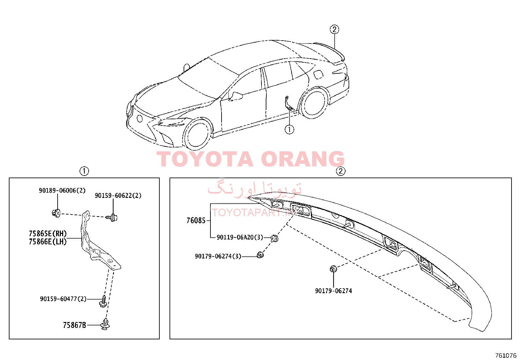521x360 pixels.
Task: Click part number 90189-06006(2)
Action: tap(62, 191)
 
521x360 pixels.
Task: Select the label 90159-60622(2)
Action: tap(118, 196)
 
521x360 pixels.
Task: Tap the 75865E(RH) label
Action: tap(48, 233)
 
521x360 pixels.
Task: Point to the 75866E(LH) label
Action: tap(48, 242)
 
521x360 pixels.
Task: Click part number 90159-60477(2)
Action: tap(63, 299)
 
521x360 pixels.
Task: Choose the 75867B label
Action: tap(74, 325)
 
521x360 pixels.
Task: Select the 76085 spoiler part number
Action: tap(196, 220)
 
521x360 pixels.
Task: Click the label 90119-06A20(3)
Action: tap(240, 237)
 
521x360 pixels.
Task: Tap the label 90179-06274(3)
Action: tap(218, 256)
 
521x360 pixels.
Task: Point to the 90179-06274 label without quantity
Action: tap(333, 291)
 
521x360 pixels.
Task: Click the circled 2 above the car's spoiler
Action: tap(334, 29)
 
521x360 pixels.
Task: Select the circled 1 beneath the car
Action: tap(289, 129)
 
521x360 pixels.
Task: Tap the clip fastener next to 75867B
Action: tap(105, 324)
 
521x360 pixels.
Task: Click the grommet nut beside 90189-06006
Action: tap(56, 213)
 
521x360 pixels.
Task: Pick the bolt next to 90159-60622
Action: tap(112, 218)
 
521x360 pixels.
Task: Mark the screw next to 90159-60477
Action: tap(103, 301)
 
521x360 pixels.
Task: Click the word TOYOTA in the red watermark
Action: tap(205, 159)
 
